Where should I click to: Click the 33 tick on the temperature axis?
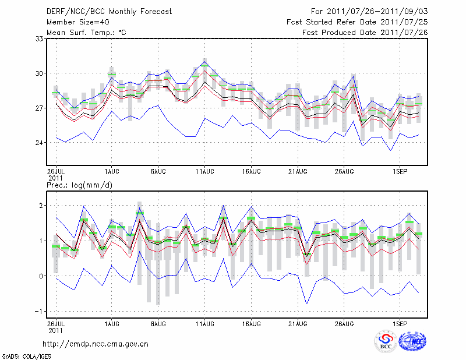[39, 38]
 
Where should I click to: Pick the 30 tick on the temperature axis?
[39, 73]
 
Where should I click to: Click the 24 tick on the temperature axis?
[39, 143]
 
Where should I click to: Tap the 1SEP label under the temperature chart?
[400, 172]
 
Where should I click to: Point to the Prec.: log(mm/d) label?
[80, 185]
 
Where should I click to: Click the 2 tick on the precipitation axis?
[41, 206]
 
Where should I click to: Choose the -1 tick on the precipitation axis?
[40, 311]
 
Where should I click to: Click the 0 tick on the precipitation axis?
[41, 276]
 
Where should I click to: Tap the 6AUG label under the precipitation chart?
[158, 322]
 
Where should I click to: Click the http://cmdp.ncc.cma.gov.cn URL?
[96, 344]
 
